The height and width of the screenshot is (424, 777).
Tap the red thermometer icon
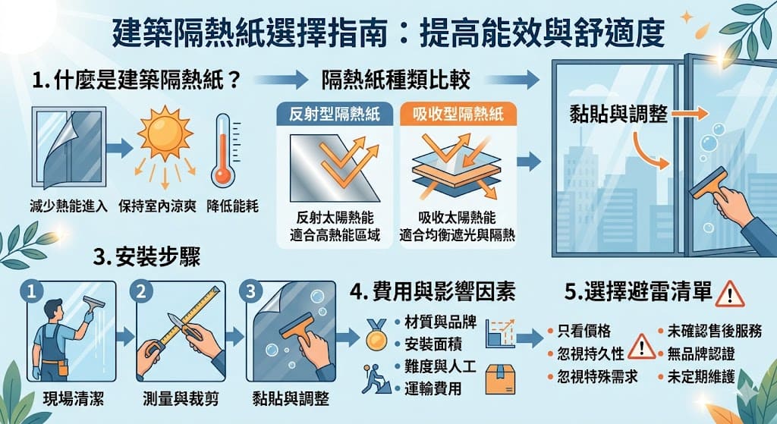(x=222, y=151)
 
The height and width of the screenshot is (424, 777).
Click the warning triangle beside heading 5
(x=730, y=293)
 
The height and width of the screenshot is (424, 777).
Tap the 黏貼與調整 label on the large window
(x=618, y=114)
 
